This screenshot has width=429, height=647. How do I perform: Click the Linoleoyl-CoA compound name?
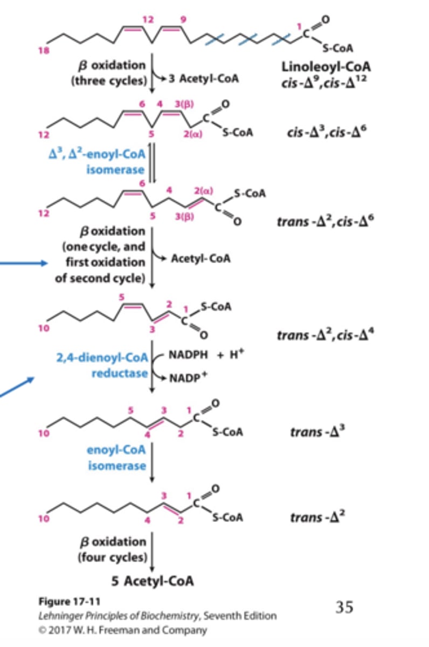tap(318, 67)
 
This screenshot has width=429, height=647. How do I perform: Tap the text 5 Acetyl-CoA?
tap(153, 581)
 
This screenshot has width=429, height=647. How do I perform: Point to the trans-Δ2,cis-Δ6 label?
tap(321, 221)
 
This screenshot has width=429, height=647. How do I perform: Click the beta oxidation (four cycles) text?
tap(113, 548)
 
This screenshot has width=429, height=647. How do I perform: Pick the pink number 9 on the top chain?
tap(183, 20)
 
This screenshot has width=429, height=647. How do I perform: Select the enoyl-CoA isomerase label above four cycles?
tap(117, 457)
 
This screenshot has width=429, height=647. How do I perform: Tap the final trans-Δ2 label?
tap(317, 518)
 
